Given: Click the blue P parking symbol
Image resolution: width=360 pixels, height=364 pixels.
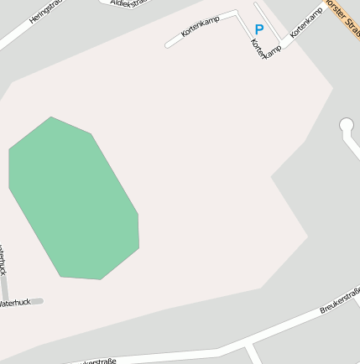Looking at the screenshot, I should (x=258, y=29).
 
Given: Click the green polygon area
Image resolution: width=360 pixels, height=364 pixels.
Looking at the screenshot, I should (x=74, y=200).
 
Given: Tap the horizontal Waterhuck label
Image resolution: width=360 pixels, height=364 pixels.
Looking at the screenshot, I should (x=15, y=302).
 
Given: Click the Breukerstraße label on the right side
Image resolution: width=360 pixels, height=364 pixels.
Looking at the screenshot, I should (x=340, y=300).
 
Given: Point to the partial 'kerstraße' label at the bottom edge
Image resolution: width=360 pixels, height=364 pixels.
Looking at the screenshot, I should (x=96, y=361).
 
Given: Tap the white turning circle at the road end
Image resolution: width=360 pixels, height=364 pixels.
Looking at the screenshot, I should (x=346, y=126).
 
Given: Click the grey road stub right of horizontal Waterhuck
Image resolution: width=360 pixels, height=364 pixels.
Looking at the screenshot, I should (x=37, y=301).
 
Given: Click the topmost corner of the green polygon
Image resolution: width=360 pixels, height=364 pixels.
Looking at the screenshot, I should (x=51, y=117).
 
